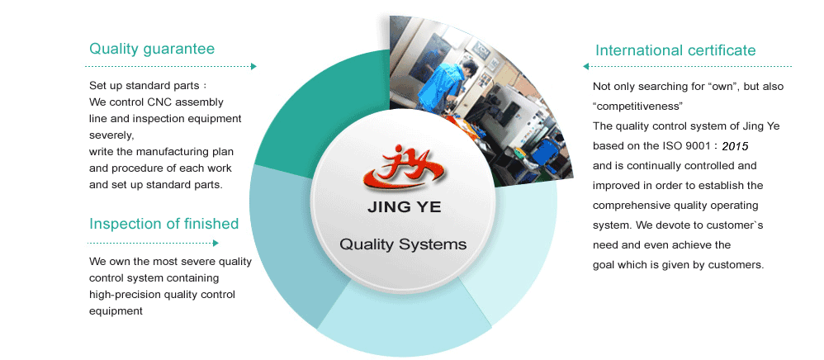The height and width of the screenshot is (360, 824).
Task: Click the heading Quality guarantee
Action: click(152, 49)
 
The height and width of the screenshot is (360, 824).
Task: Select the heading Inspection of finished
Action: click(164, 224)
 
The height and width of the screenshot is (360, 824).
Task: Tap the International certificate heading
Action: click(675, 50)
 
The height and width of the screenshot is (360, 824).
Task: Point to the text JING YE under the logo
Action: click(404, 207)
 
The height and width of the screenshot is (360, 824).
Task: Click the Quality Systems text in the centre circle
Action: click(403, 244)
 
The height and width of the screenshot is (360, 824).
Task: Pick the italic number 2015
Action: click(735, 147)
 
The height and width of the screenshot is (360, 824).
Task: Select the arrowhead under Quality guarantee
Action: click(253, 66)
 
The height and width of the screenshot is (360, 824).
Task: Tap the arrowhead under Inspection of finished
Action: click(215, 243)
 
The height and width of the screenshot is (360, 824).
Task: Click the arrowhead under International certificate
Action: click(586, 66)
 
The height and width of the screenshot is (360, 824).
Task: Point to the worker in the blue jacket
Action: click(442, 86)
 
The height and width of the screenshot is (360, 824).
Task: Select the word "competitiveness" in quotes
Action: click(637, 107)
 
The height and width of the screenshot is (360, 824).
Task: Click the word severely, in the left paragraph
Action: click(111, 135)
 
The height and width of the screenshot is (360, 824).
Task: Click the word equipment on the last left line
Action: click(116, 311)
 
